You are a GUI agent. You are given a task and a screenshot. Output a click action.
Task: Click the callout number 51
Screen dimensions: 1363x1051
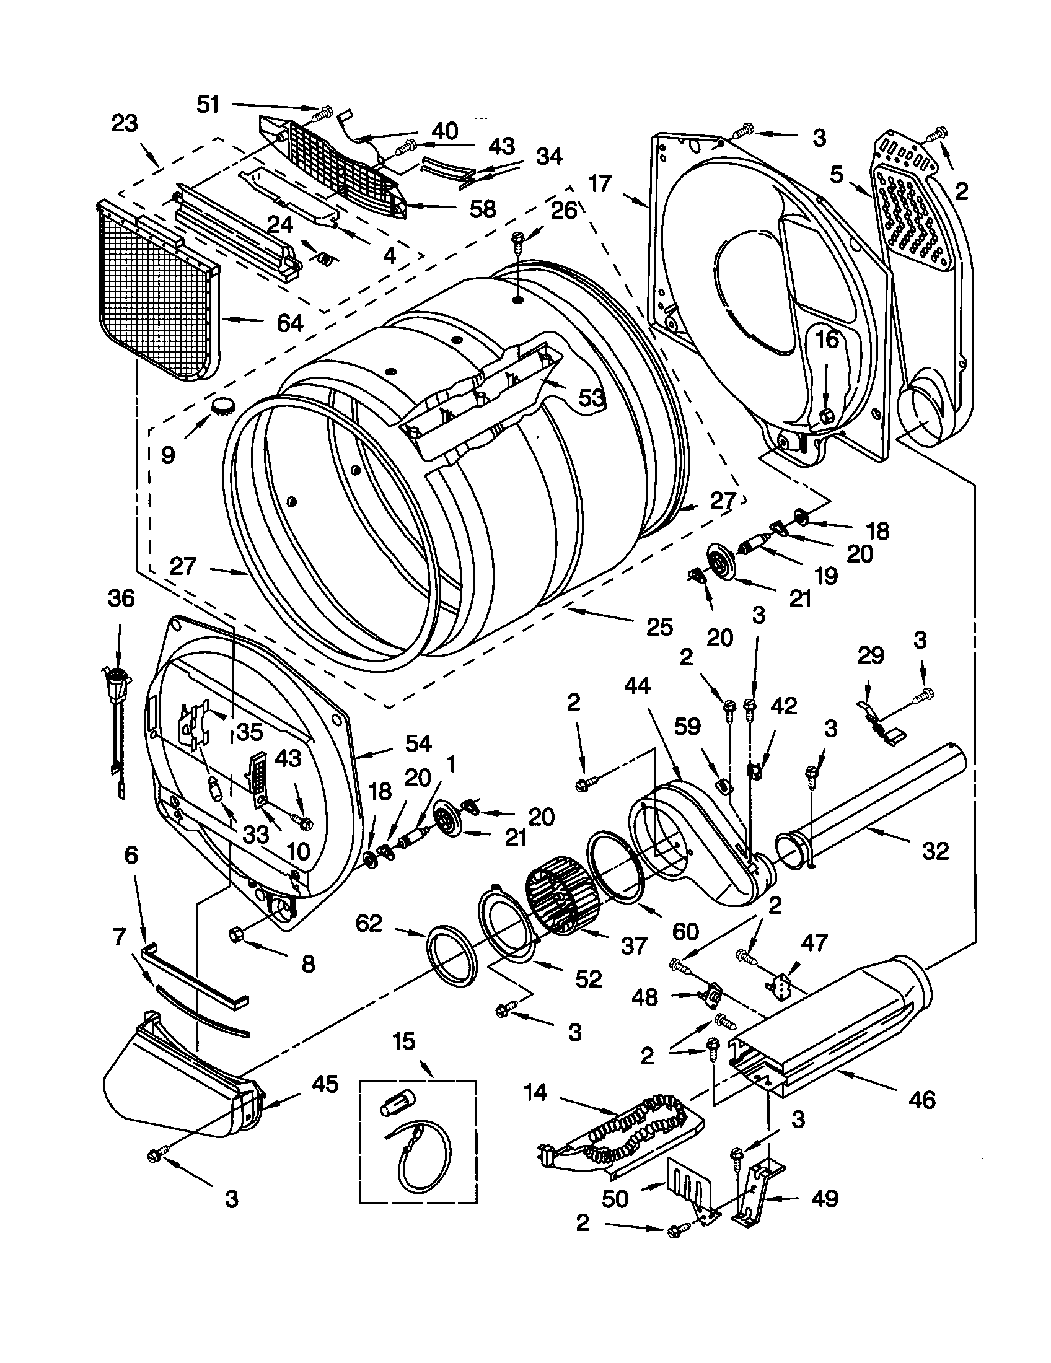click(208, 104)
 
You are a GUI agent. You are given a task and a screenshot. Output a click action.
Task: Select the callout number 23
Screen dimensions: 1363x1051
click(124, 123)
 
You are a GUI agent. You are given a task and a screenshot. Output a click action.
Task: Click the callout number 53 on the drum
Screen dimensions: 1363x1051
click(591, 398)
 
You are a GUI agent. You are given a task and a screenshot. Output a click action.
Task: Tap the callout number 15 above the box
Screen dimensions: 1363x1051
click(404, 1041)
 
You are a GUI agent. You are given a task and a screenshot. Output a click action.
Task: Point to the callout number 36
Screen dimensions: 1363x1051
click(120, 598)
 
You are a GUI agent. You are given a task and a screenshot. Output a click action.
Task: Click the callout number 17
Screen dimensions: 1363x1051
click(600, 184)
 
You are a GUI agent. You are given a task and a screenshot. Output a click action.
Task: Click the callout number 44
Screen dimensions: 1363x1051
click(637, 686)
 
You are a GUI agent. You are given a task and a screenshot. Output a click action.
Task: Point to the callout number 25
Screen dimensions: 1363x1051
click(659, 626)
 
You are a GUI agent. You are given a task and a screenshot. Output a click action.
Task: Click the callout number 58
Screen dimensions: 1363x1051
click(482, 208)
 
